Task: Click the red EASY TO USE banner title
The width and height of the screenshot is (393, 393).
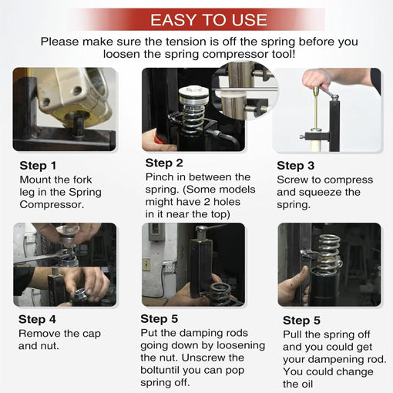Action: [209, 20]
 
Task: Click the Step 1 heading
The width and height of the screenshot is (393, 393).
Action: [38, 166]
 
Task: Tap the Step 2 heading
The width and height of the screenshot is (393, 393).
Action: [164, 163]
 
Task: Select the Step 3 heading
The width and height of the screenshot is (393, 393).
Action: [295, 166]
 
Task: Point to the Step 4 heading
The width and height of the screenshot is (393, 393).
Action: [37, 319]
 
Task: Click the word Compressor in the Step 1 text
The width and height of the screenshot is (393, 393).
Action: [52, 205]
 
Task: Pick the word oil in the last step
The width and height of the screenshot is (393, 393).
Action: [307, 384]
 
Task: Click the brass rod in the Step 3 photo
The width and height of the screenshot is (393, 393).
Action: [316, 108]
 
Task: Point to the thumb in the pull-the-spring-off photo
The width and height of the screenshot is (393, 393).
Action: [304, 277]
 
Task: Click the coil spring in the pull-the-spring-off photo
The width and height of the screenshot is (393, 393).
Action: [328, 254]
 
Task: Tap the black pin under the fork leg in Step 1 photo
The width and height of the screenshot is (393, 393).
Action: [78, 127]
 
